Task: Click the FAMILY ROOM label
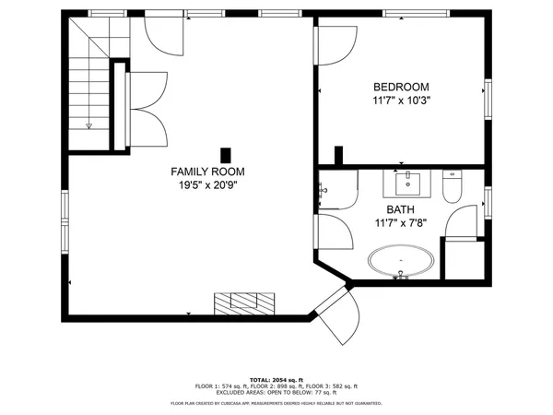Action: (x=208, y=172)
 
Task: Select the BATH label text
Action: (x=401, y=209)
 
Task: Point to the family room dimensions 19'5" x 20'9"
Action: (x=208, y=185)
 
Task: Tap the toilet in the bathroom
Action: (x=452, y=189)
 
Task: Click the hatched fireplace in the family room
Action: (x=244, y=303)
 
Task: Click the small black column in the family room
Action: (x=225, y=155)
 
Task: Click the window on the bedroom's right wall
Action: (x=488, y=92)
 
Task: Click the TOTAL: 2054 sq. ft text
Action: (x=276, y=379)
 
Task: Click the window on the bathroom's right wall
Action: (x=488, y=200)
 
